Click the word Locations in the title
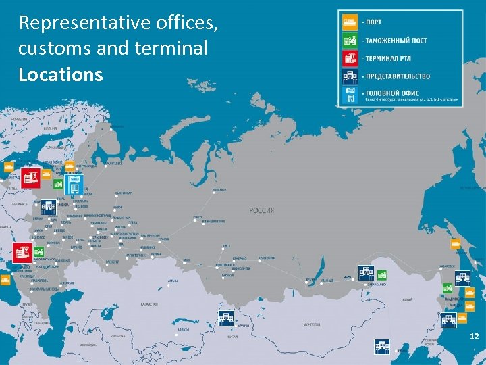[61, 74]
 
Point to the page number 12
[474, 336]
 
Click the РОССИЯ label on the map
[262, 210]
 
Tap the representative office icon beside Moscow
[48, 207]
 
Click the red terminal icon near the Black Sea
[21, 252]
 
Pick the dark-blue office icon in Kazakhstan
[225, 317]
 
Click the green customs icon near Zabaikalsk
[381, 274]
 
